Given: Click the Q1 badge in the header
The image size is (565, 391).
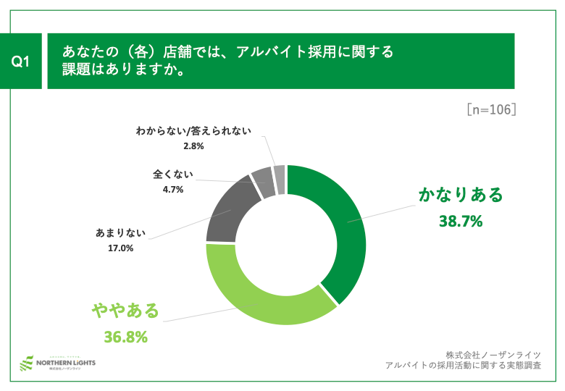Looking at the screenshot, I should [21, 62].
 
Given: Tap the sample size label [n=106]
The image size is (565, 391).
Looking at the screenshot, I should [490, 109].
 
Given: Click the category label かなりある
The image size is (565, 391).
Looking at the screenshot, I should [460, 195].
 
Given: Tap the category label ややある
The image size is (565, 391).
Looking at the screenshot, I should [125, 311].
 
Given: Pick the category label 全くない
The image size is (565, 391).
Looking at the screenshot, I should [172, 175].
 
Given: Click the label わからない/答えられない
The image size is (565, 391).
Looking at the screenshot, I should [193, 131].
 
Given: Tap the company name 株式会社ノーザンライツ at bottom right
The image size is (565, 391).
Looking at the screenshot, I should [493, 354].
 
